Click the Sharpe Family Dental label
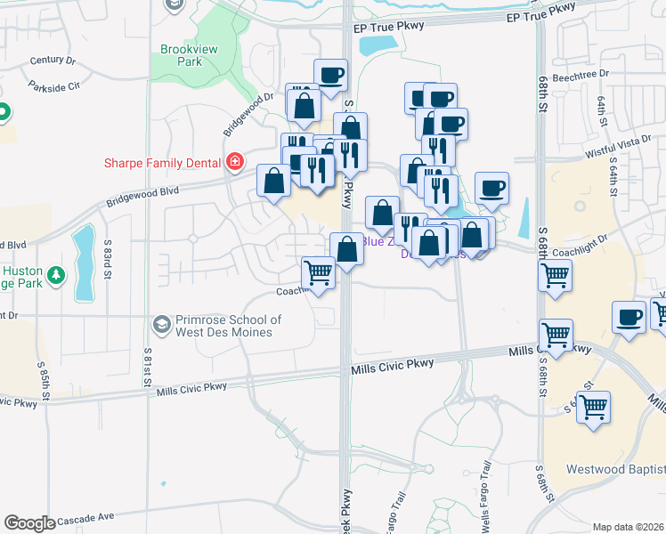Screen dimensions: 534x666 [165, 162]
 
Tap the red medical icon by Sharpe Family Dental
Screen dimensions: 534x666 [235, 162]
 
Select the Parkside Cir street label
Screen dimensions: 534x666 [53, 86]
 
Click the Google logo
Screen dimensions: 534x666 [29, 523]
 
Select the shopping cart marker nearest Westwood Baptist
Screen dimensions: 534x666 [594, 409]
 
